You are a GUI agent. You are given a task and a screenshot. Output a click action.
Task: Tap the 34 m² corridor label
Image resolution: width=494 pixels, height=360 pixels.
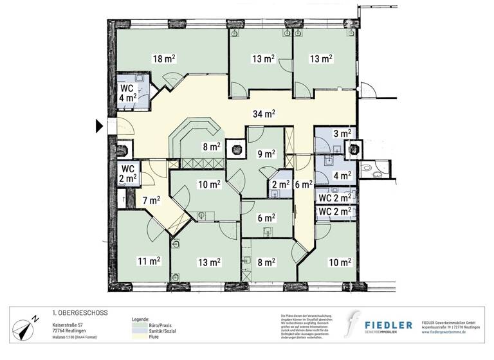(264, 114)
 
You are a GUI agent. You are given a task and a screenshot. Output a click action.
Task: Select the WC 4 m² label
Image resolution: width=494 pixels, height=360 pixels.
(126, 93)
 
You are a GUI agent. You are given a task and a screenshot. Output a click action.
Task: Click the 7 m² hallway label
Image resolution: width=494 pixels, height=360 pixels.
(151, 200)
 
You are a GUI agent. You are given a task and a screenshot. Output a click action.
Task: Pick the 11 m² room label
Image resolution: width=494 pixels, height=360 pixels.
(148, 261)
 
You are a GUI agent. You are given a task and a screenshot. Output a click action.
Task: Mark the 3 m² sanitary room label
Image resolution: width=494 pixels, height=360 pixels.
(341, 134)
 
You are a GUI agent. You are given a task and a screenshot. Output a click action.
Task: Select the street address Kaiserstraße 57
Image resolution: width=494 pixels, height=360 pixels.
(71, 326)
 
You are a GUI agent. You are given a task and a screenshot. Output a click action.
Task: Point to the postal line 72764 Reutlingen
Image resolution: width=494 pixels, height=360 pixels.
(71, 333)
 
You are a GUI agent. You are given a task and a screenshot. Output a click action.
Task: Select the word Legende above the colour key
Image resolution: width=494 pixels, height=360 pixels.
(141, 319)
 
